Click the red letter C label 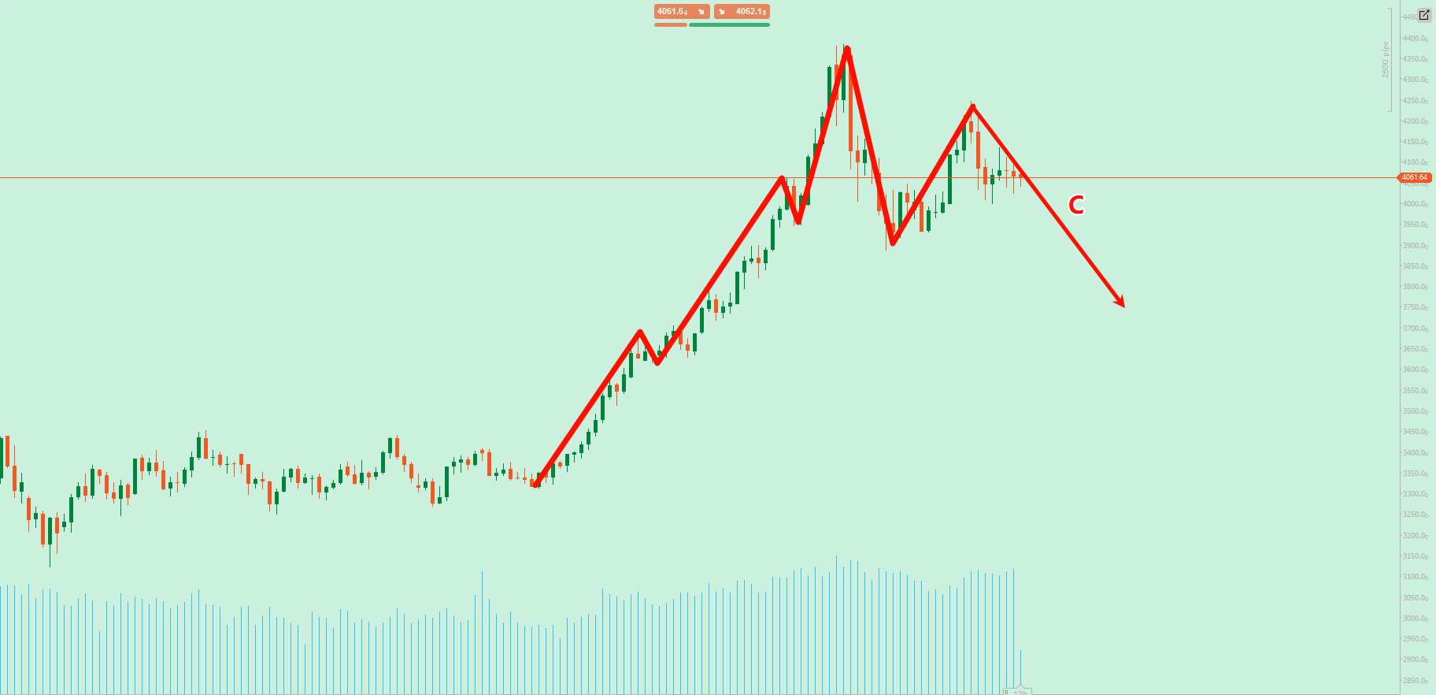(1075, 206)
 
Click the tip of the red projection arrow (1123, 307)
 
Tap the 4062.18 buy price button (742, 12)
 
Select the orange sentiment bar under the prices (670, 25)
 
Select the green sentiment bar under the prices (729, 25)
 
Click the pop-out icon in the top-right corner (1424, 15)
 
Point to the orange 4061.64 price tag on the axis (1414, 177)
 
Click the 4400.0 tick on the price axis (1414, 39)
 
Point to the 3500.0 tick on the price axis (1414, 411)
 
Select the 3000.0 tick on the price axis (1414, 619)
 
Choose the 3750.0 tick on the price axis (1414, 308)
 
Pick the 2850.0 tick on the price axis (1414, 681)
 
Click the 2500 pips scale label (1386, 60)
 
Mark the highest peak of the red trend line (846, 49)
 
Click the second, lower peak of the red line (973, 106)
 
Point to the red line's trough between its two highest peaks (892, 243)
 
